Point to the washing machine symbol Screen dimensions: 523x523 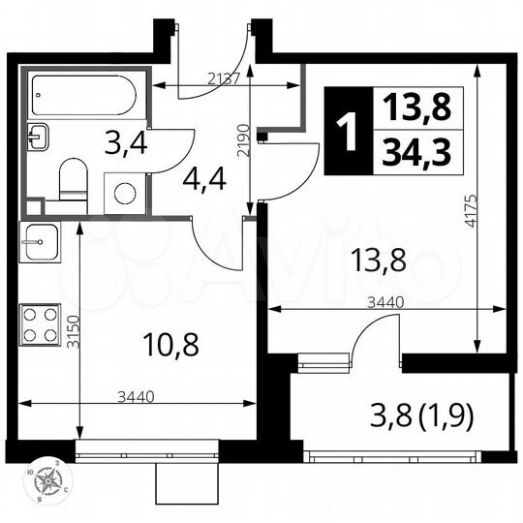click(x=125, y=192)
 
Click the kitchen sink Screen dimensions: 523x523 click(x=41, y=237)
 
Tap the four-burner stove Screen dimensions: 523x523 click(x=41, y=323)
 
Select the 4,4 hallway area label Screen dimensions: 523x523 click(x=204, y=179)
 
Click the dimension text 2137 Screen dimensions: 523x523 click(x=224, y=79)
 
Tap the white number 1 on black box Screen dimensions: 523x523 click(x=346, y=130)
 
